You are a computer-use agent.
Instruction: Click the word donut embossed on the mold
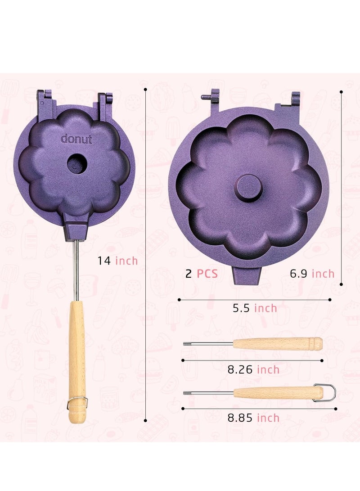(76, 139)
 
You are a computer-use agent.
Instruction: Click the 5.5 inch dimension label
(255, 308)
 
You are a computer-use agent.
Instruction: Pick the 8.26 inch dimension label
(253, 370)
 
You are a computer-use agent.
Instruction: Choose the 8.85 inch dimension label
(253, 418)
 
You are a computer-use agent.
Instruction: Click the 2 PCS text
(201, 274)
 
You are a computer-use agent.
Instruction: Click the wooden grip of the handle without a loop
(277, 344)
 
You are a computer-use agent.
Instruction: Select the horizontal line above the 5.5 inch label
(255, 299)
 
